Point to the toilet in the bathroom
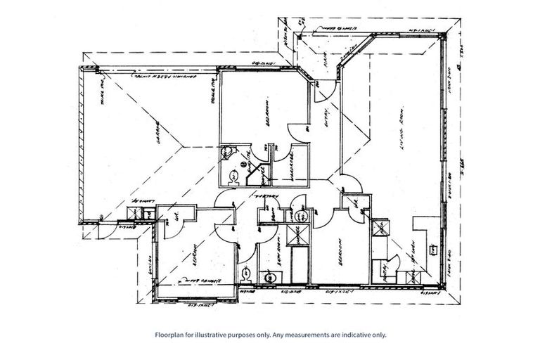tap(245, 274)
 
